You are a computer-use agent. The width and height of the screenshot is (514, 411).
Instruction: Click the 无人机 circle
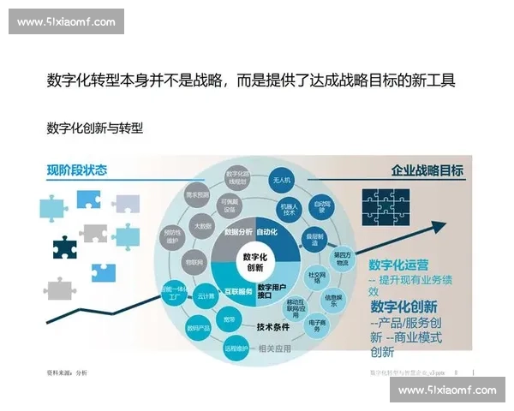(282, 180)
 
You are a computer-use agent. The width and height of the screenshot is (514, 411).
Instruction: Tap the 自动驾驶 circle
(322, 205)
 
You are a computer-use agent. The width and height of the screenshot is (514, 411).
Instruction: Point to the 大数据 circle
(203, 226)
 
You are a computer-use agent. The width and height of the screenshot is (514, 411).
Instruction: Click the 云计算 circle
(206, 294)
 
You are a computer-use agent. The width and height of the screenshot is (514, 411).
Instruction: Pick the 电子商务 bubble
(314, 326)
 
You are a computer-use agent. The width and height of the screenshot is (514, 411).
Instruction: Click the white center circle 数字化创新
(255, 261)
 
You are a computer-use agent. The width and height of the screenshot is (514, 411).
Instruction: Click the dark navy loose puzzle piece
(65, 248)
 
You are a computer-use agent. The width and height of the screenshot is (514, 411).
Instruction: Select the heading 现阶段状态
(78, 170)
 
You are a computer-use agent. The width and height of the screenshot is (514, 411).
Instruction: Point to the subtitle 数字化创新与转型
(94, 128)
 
